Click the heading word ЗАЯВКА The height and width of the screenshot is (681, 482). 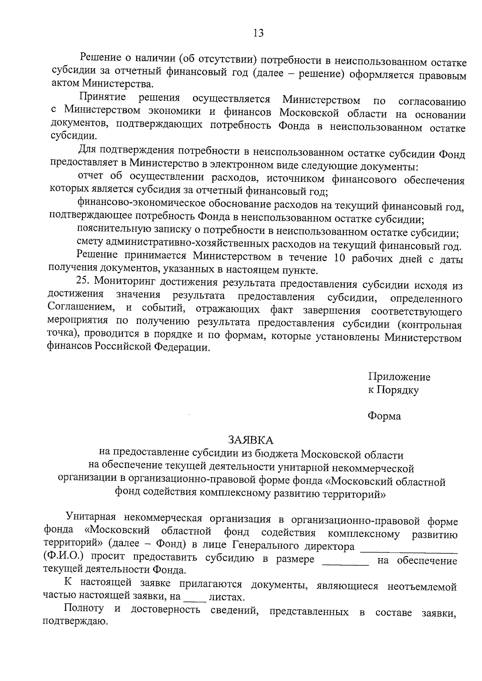(x=251, y=440)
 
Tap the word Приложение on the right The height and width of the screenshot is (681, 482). (x=399, y=377)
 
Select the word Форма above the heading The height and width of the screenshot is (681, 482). (x=384, y=416)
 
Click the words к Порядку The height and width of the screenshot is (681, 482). (x=393, y=390)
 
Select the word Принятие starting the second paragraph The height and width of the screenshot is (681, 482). (x=102, y=97)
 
